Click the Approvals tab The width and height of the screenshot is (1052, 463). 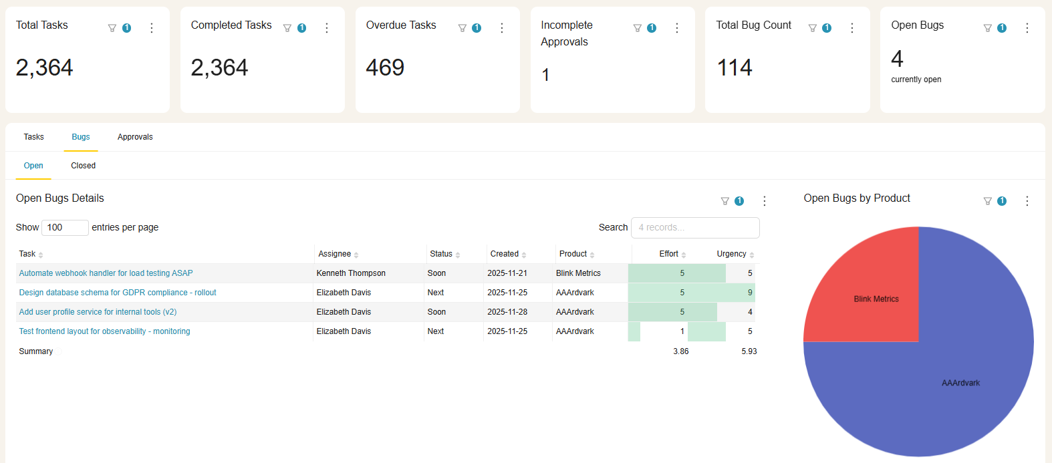135,137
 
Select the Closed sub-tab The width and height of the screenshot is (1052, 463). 84,166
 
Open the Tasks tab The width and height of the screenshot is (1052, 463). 33,137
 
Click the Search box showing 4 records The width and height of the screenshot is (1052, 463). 694,228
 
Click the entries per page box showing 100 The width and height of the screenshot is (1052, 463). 65,228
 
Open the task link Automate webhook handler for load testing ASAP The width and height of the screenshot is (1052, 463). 106,273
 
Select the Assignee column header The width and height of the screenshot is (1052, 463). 335,254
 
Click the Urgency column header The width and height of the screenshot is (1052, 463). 731,254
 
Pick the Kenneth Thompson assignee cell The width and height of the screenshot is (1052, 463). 351,273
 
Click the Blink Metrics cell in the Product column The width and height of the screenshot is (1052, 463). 578,273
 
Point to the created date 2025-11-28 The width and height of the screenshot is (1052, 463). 507,312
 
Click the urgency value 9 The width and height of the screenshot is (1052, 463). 750,293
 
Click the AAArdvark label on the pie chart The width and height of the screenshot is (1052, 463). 960,383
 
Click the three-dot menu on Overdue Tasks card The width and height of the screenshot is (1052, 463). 502,28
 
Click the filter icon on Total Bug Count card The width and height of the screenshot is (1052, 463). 813,28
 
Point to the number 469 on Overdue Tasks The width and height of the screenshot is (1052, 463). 385,67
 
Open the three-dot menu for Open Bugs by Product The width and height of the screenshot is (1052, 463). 1027,201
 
